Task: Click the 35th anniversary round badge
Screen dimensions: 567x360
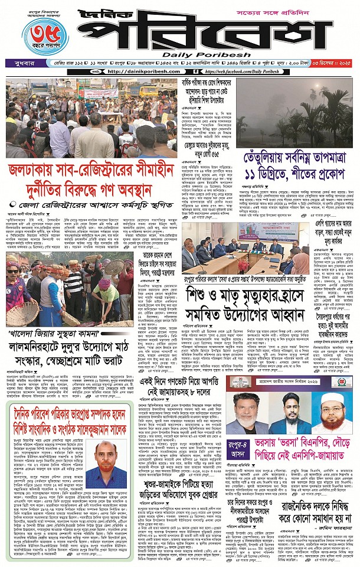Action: [44, 36]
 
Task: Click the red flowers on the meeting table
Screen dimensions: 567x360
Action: [241, 262]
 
